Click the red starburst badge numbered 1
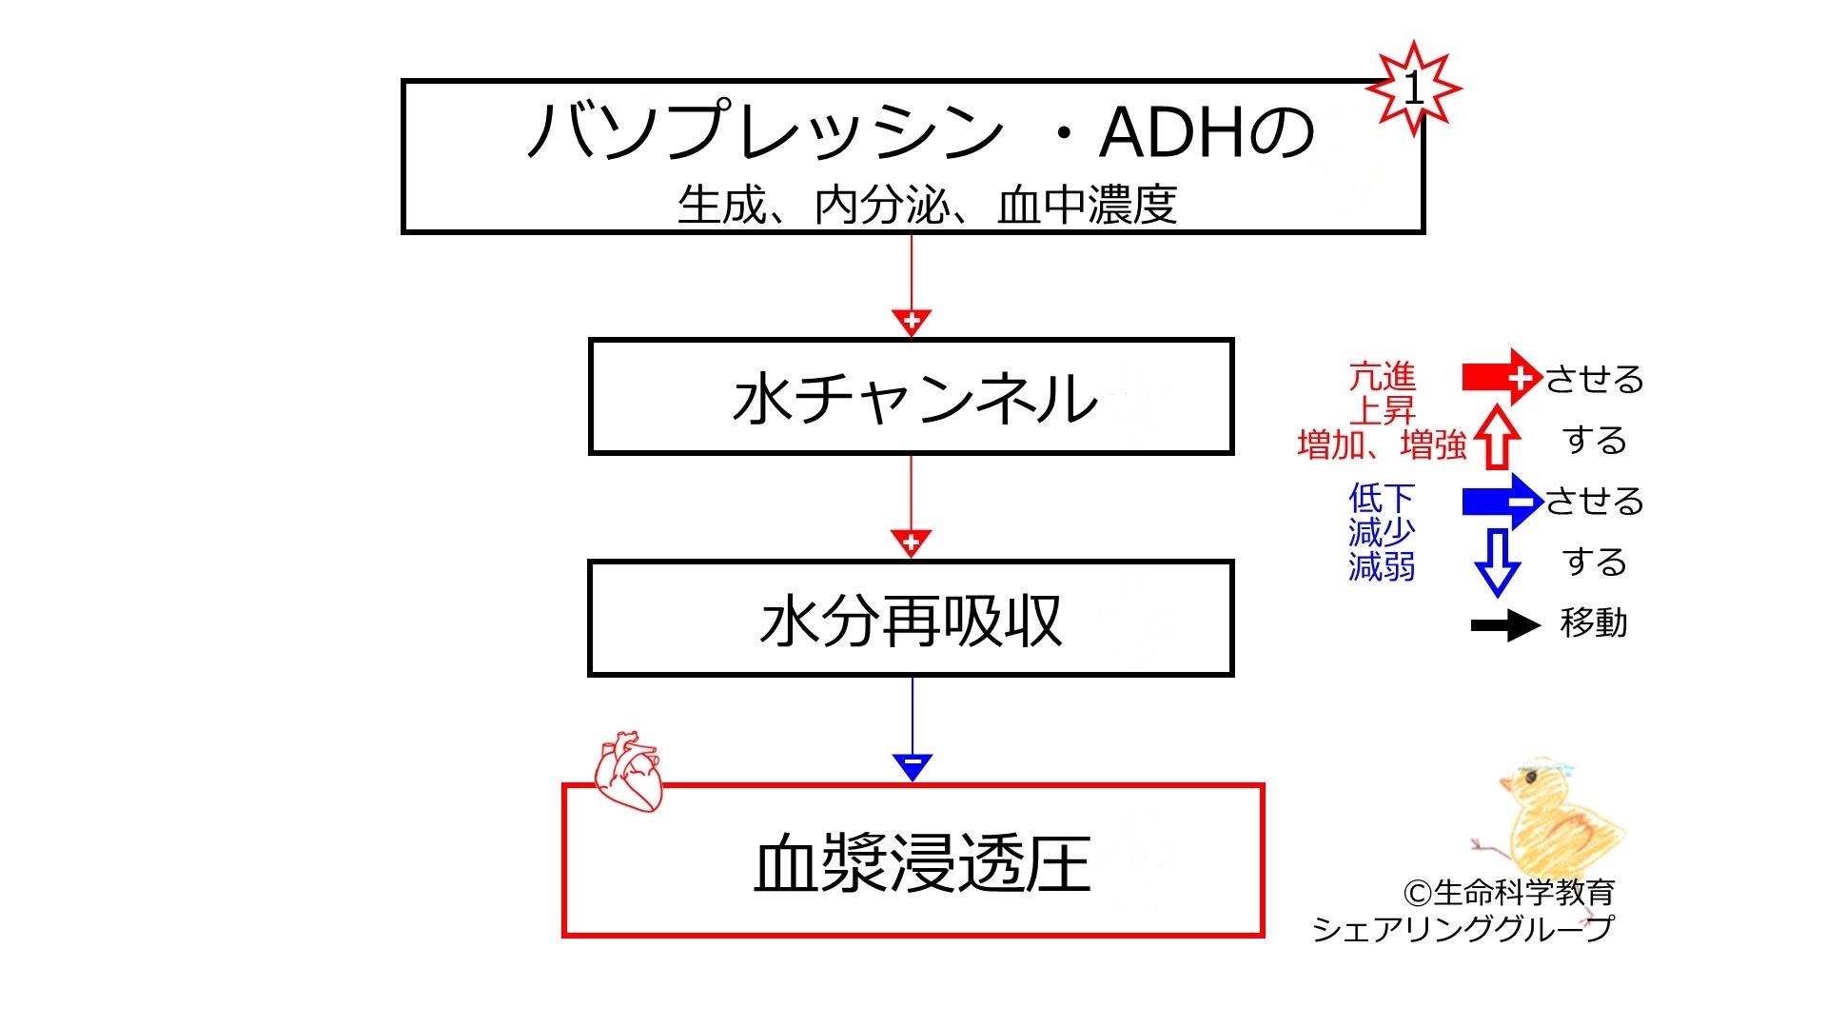pyautogui.click(x=1414, y=89)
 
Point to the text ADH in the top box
pyautogui.click(x=1171, y=132)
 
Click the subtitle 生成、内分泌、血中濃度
pyautogui.click(x=927, y=205)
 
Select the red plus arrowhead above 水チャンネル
pyautogui.click(x=912, y=322)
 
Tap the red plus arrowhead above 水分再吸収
pyautogui.click(x=912, y=543)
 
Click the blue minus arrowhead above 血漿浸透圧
pyautogui.click(x=913, y=766)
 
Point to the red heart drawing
pyautogui.click(x=628, y=771)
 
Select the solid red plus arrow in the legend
pyautogui.click(x=1502, y=378)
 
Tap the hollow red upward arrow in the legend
pyautogui.click(x=1497, y=437)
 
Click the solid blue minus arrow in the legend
pyautogui.click(x=1502, y=501)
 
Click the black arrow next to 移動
pyautogui.click(x=1505, y=625)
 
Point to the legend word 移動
pyautogui.click(x=1594, y=622)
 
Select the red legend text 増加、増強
pyautogui.click(x=1382, y=444)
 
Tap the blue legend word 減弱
pyautogui.click(x=1382, y=566)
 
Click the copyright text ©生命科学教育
pyautogui.click(x=1509, y=892)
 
